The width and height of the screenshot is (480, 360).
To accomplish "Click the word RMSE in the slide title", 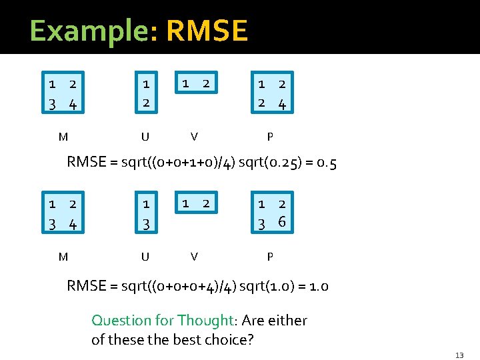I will pos(207,31).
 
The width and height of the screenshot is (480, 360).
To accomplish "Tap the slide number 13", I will pos(460,355).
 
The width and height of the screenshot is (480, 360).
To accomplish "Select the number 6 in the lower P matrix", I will pos(282,222).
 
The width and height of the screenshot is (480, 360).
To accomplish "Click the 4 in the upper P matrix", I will pos(282,103).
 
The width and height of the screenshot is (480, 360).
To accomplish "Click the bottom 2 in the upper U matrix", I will pos(145,103).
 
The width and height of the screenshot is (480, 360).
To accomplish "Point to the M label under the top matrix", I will pos(63,137).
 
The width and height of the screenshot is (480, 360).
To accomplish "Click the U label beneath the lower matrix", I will pos(145,257).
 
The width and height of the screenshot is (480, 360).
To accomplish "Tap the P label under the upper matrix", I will pos(269,137).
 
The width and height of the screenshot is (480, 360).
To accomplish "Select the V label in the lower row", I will pos(193,257).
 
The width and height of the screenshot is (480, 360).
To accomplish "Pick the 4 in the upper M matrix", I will pos(73,104).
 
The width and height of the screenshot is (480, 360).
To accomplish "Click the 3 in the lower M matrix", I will pos(52,223).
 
